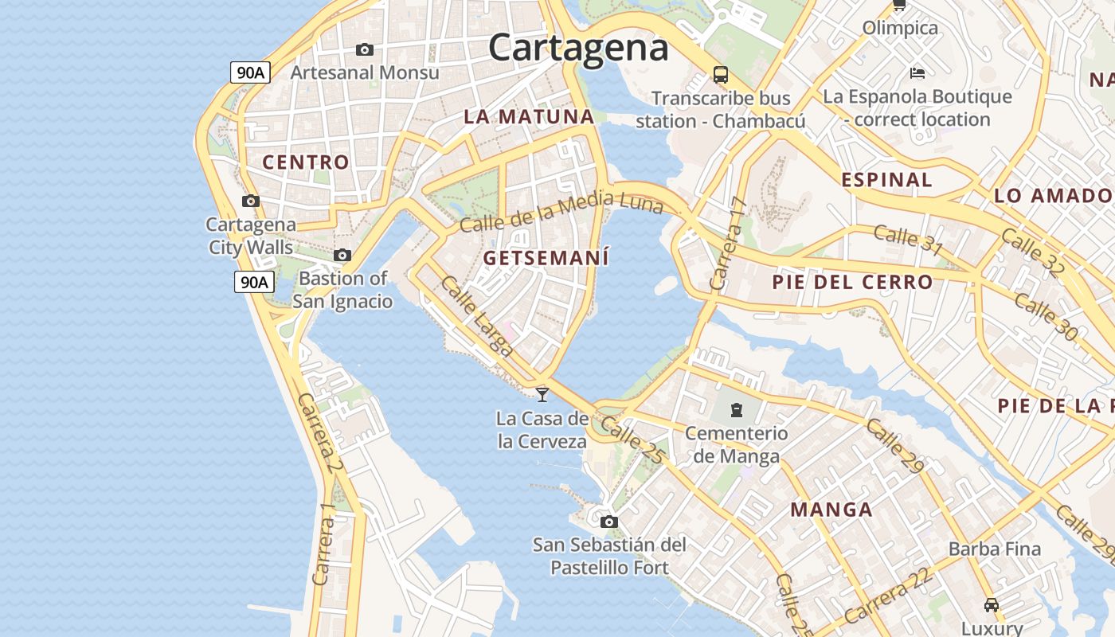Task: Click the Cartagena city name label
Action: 578,47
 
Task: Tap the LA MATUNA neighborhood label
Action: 529,116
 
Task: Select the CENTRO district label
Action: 306,162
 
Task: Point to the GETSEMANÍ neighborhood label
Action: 546,258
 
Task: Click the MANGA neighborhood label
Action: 831,510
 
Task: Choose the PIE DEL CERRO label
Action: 852,282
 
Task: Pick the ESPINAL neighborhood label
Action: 886,180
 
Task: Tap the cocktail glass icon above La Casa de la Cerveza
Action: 542,393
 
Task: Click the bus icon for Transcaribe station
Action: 720,75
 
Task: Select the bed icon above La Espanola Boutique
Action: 917,73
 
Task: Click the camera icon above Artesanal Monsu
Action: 365,49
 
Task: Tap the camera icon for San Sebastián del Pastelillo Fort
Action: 609,522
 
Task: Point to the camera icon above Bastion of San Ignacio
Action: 342,255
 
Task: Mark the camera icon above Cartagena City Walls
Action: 251,201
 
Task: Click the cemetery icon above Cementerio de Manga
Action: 737,410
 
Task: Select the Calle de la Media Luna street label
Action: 561,212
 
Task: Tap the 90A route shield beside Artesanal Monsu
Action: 251,72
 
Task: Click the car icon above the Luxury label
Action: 991,604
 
